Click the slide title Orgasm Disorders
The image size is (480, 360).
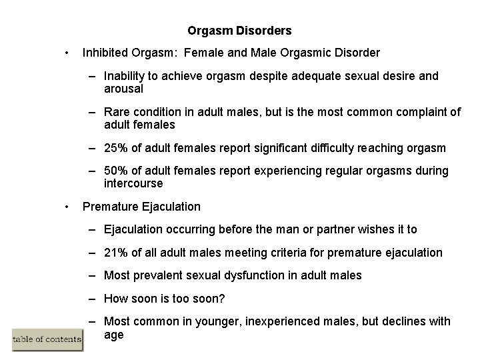tap(239, 31)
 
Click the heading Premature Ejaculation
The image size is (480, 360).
tap(141, 207)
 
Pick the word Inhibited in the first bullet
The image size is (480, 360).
tap(105, 52)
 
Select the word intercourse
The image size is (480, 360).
tap(133, 183)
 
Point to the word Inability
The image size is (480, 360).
tap(126, 76)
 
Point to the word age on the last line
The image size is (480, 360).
tap(114, 335)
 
